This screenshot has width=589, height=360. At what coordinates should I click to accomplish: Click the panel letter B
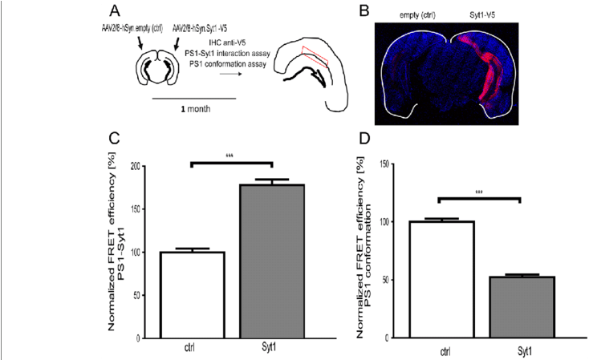click(363, 12)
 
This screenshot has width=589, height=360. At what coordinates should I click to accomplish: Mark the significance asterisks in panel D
click(479, 192)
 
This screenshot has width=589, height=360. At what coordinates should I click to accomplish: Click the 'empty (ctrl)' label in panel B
click(413, 15)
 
